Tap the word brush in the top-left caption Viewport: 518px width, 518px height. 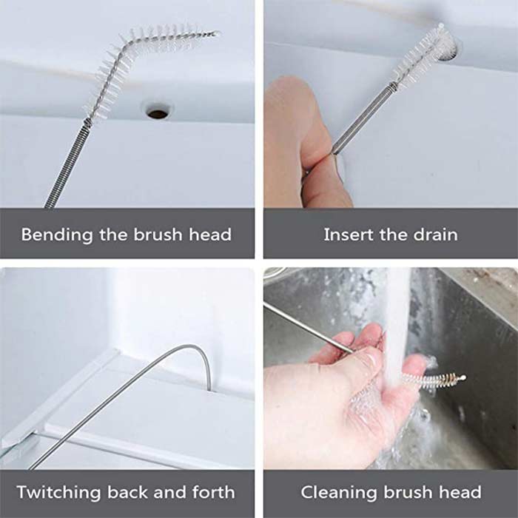[x=158, y=235]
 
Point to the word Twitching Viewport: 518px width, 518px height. [x=58, y=493]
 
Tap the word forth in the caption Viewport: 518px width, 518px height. [x=213, y=492]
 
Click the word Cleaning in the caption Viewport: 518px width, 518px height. [x=339, y=493]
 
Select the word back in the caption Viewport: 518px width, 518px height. [x=127, y=492]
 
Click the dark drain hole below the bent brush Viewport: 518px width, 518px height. [x=158, y=114]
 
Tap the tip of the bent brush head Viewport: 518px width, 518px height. [x=218, y=33]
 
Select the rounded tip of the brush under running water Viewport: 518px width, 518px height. [x=463, y=377]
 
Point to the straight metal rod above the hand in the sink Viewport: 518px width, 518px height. [x=309, y=327]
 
